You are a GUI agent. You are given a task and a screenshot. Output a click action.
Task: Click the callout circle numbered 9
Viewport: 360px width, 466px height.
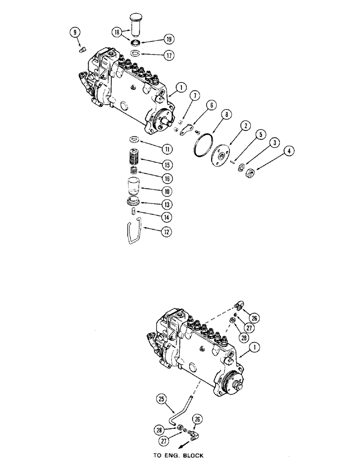pyautogui.click(x=74, y=32)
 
